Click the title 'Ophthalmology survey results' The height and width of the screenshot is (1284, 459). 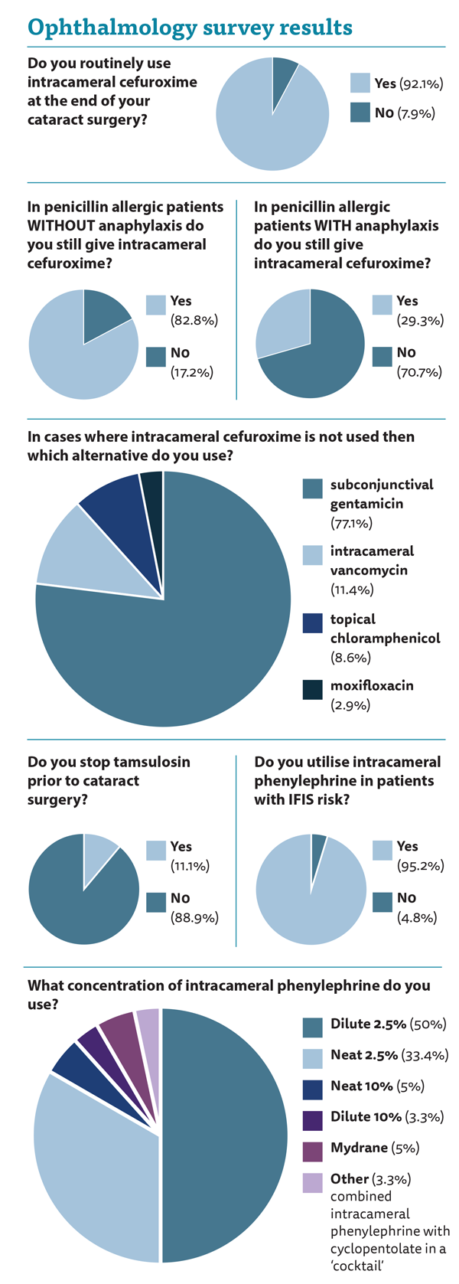pyautogui.click(x=190, y=28)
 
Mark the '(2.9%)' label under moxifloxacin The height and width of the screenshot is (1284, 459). pyautogui.click(x=350, y=705)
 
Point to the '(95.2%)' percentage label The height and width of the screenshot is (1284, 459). pyautogui.click(x=420, y=866)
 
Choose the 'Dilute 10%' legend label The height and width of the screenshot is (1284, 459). pyautogui.click(x=366, y=1117)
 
